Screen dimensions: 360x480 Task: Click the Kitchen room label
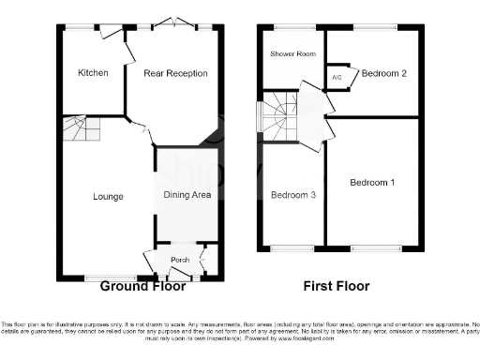click(93, 72)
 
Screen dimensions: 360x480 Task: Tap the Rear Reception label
click(175, 72)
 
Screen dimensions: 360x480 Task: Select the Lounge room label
click(108, 197)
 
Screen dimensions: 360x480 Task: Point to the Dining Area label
click(187, 195)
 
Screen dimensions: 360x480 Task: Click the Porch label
click(180, 260)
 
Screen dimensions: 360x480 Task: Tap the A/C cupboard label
click(336, 78)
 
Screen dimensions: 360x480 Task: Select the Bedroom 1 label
click(373, 182)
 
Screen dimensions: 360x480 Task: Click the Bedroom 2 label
click(384, 72)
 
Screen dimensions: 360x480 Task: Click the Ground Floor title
click(141, 286)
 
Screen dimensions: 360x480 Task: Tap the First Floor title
click(337, 286)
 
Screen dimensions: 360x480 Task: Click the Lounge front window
click(102, 277)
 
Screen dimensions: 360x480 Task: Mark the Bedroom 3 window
click(288, 248)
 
